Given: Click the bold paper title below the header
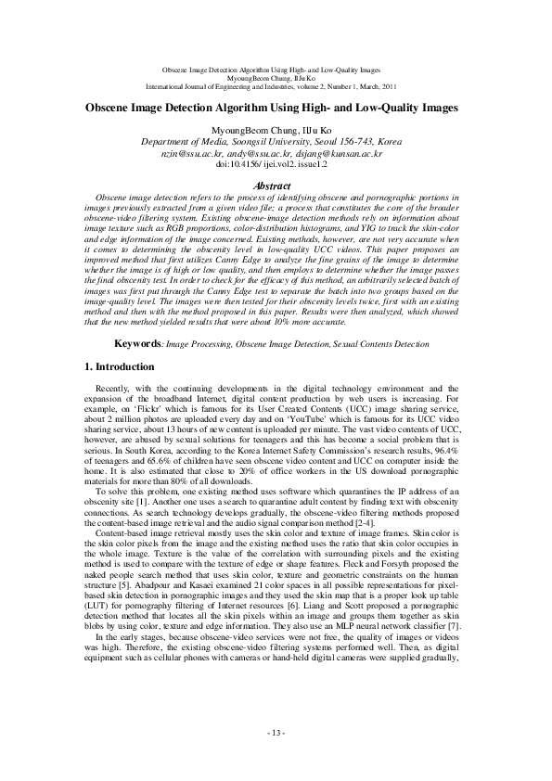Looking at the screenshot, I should pyautogui.click(x=272, y=108).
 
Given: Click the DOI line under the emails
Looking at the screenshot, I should pyautogui.click(x=271, y=162).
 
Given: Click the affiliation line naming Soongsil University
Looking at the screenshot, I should pyautogui.click(x=271, y=142).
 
